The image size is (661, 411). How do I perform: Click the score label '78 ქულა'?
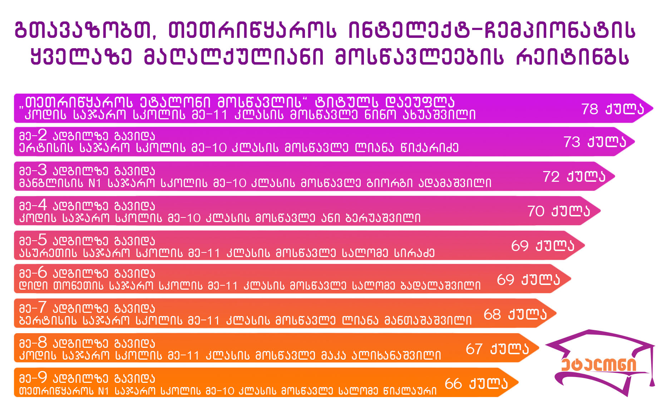tap(612, 109)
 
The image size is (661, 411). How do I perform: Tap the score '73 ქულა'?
tap(595, 142)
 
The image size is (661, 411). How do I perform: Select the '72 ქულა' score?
tap(574, 176)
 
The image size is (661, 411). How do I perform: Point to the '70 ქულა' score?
tap(559, 211)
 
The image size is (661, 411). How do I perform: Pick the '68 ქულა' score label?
tap(515, 314)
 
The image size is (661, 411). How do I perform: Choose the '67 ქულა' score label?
tap(497, 349)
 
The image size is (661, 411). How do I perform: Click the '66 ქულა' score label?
tap(476, 384)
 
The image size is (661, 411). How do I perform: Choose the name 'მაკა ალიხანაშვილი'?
tap(381, 355)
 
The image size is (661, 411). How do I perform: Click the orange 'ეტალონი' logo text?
tap(599, 364)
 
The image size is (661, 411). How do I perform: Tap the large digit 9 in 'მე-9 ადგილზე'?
tap(42, 377)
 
